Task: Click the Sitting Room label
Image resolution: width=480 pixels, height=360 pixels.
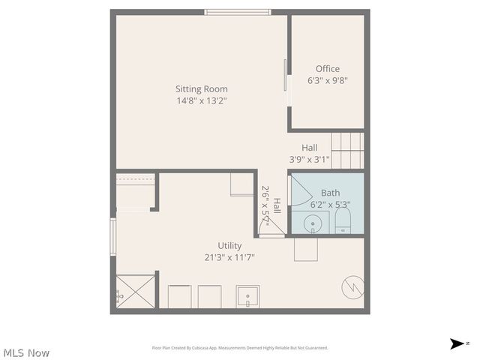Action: (201, 88)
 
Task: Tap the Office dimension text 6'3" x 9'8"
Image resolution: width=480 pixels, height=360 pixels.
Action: (327, 80)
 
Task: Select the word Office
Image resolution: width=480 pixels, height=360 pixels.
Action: (327, 69)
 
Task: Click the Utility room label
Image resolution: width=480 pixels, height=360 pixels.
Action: (229, 245)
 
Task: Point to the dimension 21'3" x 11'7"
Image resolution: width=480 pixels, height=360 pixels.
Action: (229, 257)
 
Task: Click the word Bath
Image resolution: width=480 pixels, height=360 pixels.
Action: (330, 193)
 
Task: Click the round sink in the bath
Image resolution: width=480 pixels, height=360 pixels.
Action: (313, 223)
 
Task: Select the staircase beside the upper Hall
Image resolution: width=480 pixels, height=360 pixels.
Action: (347, 150)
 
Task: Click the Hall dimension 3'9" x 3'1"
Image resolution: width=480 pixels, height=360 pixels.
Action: (309, 159)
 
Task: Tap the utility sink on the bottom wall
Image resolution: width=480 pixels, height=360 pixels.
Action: (247, 296)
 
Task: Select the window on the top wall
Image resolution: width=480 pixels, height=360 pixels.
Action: (238, 12)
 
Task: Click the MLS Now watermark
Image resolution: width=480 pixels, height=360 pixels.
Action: (26, 352)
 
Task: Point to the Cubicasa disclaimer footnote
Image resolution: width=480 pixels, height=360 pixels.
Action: (240, 348)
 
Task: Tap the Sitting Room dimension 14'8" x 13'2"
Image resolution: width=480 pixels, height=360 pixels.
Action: (201, 100)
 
